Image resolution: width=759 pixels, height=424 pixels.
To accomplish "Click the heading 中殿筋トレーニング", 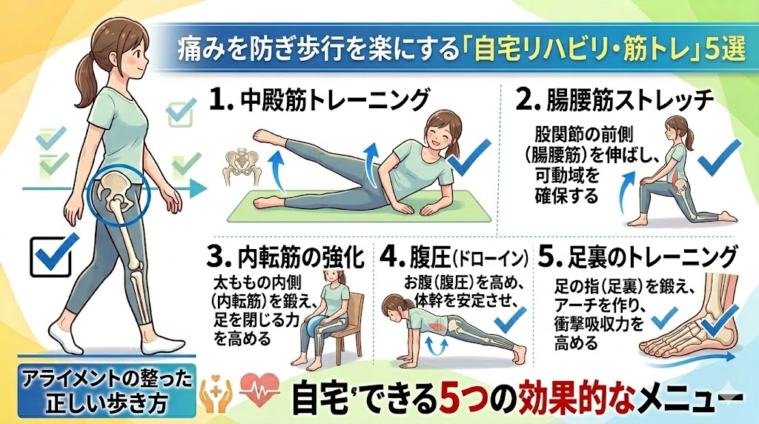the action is coord(335,100).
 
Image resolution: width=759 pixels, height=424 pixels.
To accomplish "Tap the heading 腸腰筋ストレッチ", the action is coord(630,100).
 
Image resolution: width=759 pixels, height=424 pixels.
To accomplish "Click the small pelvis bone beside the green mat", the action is coord(242,167).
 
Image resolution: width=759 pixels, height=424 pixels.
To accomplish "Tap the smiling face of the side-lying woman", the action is coord(442,130).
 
